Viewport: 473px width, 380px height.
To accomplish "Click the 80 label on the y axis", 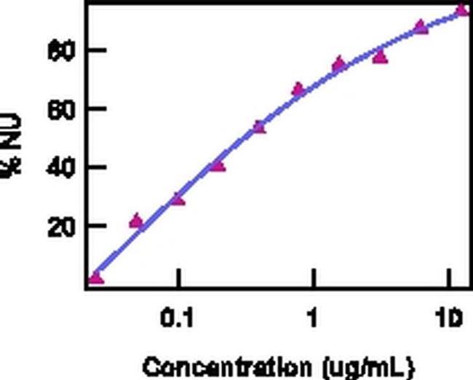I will click(57, 50).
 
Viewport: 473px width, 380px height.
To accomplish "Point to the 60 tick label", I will click(57, 109).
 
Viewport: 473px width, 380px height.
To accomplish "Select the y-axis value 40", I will click(57, 167).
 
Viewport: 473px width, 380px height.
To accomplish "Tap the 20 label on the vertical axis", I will click(57, 226).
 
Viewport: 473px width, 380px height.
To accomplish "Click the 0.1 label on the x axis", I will click(177, 319).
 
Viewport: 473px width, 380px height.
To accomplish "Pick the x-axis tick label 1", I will click(313, 319).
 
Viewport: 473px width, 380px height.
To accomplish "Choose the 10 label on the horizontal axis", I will click(449, 319).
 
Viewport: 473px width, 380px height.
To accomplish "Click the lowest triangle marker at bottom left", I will click(96, 277).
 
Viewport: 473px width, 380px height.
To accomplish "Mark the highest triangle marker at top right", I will click(461, 9).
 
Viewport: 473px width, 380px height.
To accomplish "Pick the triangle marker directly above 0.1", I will click(178, 198).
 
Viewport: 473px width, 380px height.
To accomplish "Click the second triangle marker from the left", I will click(136, 221).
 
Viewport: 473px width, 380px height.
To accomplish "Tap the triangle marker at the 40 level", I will click(218, 165).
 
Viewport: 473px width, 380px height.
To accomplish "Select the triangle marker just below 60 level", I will click(259, 127).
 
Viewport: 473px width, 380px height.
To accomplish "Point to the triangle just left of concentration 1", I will click(298, 90).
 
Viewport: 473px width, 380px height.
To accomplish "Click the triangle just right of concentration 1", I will click(339, 64).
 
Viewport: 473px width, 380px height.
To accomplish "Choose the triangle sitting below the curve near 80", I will click(380, 56).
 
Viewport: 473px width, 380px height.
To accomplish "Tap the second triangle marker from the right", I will click(421, 27).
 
